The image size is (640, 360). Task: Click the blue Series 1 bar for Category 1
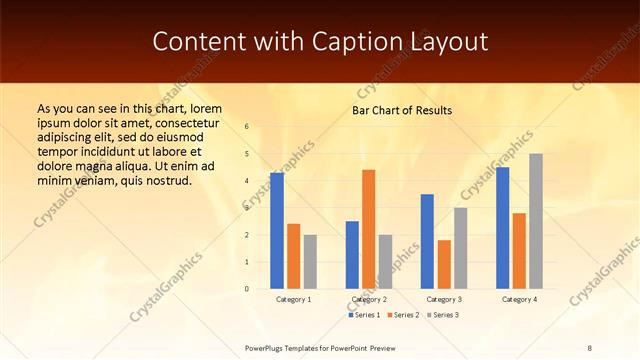coord(277,231)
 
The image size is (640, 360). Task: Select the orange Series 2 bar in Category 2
coord(369,229)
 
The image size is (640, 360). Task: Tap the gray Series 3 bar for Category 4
coord(536,221)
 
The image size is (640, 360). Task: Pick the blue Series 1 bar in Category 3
coord(427,241)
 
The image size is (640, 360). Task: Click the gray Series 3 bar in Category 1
coord(310,262)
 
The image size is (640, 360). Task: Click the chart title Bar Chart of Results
coord(402,110)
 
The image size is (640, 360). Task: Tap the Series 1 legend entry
coord(364,315)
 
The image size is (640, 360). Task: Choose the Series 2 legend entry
coord(402,315)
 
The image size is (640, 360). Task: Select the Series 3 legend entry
coord(441,315)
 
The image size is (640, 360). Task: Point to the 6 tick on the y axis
coord(247,127)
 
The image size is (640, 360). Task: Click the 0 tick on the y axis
coord(247,289)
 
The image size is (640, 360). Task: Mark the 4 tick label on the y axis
coord(247,181)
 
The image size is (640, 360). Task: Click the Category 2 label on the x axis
coord(369,299)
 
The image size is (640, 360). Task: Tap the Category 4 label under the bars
coord(519,299)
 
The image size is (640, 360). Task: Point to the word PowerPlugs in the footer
coord(267,347)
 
